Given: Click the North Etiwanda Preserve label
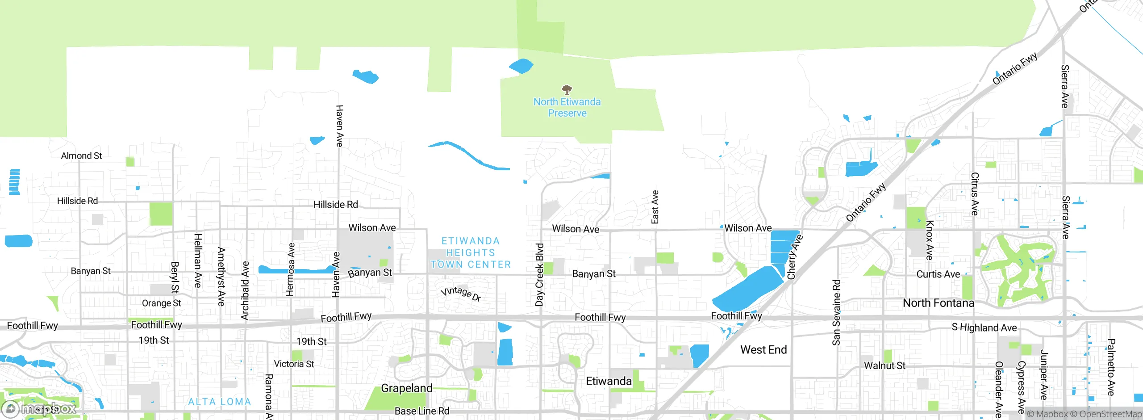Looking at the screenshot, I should point(567,108).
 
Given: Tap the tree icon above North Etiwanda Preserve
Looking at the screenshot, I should point(567,89).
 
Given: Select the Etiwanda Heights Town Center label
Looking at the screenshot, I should point(471,253).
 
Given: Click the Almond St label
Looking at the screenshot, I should point(81,156).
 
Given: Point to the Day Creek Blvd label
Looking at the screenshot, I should point(540,275).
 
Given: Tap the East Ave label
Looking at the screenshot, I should point(655,207).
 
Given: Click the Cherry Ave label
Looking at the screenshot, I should point(795,257).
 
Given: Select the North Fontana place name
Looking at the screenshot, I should point(938,303).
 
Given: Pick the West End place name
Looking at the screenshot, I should point(763,350).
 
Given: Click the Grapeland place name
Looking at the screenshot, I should point(406,388).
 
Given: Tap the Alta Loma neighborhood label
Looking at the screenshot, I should point(219,402).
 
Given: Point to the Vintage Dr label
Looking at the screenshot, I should point(461,294).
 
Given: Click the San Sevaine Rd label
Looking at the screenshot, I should point(836,312).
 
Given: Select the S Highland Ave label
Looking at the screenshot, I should point(984,328).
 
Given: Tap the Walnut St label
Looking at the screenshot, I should point(884,366).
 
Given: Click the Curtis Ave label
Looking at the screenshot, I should point(938,274).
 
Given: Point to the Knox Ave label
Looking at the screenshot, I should point(930,240).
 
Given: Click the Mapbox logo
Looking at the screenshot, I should point(39,409).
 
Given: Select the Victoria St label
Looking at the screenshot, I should point(294,364).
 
